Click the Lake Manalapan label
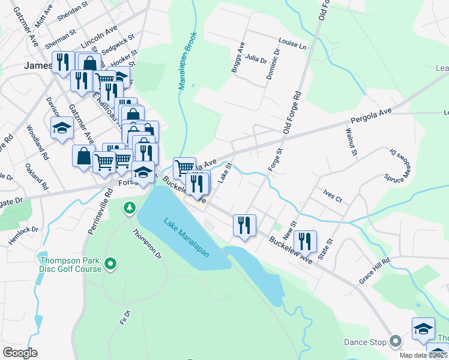point(186,237)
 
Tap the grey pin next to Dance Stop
point(394,342)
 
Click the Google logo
point(20,352)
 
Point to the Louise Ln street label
point(292,44)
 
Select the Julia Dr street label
point(255,59)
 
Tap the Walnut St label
point(351,142)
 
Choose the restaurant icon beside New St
point(305,241)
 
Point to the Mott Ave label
point(44,20)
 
